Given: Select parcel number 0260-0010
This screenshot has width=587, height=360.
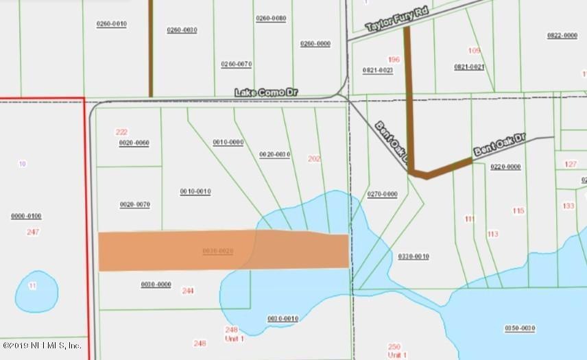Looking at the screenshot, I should click(111, 24).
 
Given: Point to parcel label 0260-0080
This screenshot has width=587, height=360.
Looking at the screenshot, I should click(271, 19).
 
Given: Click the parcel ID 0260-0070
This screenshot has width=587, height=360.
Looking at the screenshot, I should click(237, 64).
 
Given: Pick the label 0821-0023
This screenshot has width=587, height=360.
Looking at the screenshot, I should click(378, 70).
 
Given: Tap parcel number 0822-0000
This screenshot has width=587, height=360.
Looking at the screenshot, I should click(562, 36).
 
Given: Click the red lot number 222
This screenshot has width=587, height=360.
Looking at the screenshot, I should click(122, 132).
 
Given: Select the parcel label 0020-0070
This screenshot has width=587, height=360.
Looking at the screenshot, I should click(134, 204).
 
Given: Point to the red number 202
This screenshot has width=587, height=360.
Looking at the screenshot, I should click(314, 159).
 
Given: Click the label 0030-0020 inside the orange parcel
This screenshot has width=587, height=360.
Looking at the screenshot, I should click(218, 251).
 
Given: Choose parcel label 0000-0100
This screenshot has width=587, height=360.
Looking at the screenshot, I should click(26, 216).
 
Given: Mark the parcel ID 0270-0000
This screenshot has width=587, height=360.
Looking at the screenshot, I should click(382, 194).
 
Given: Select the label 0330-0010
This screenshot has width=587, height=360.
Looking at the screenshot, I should click(414, 256).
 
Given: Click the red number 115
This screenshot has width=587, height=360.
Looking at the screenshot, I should click(518, 211).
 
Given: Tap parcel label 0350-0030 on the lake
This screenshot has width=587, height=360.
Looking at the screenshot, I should click(519, 328).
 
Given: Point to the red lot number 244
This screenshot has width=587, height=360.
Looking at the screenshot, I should click(188, 291).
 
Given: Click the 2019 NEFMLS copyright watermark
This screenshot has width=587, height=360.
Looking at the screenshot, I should click(43, 346).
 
